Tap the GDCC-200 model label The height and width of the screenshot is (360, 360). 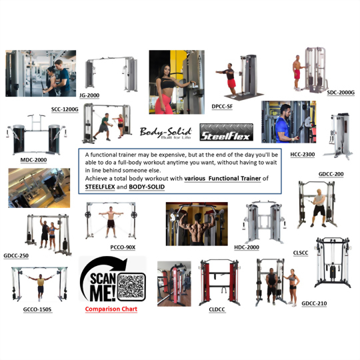click(x=331, y=174)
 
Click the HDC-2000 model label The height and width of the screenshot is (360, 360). click(x=247, y=247)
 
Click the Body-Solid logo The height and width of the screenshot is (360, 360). click(x=165, y=133)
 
